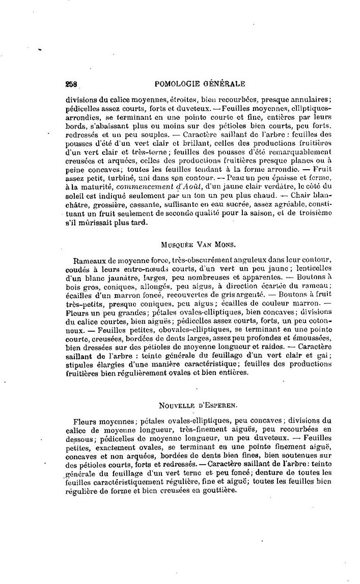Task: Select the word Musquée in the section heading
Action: pyautogui.click(x=177, y=245)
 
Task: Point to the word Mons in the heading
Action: pyautogui.click(x=222, y=245)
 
